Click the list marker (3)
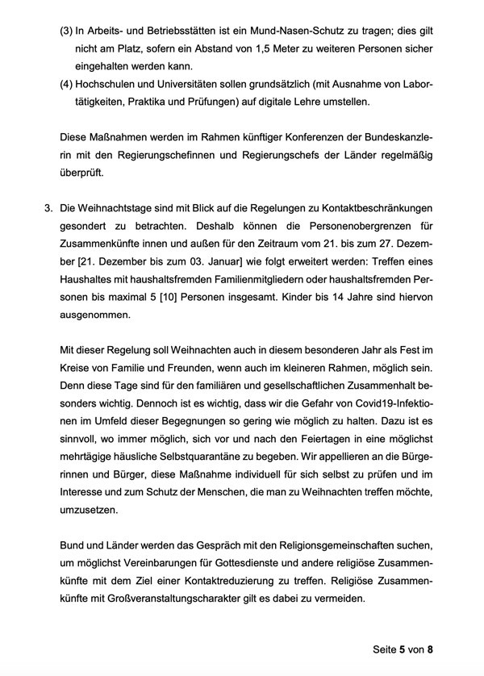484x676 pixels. pyautogui.click(x=68, y=31)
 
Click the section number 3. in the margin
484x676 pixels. pyautogui.click(x=48, y=209)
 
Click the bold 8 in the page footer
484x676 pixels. pyautogui.click(x=431, y=649)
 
